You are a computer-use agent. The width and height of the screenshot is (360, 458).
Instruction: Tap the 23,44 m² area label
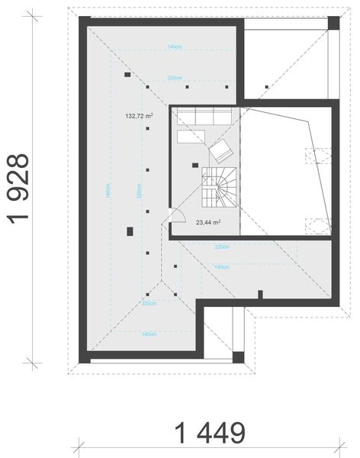[207, 223]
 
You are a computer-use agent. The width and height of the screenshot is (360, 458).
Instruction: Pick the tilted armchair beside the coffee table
[221, 149]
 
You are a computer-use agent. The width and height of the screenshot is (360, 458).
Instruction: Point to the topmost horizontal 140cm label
[175, 47]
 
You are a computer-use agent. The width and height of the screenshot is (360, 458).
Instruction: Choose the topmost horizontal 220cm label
[175, 78]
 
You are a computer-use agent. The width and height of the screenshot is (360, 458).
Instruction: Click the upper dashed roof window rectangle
[319, 155]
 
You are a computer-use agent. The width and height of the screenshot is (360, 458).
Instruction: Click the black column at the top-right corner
[333, 22]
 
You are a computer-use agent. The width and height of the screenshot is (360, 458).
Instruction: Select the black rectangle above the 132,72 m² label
[127, 75]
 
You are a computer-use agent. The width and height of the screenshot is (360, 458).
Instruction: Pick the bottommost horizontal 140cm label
[148, 334]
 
